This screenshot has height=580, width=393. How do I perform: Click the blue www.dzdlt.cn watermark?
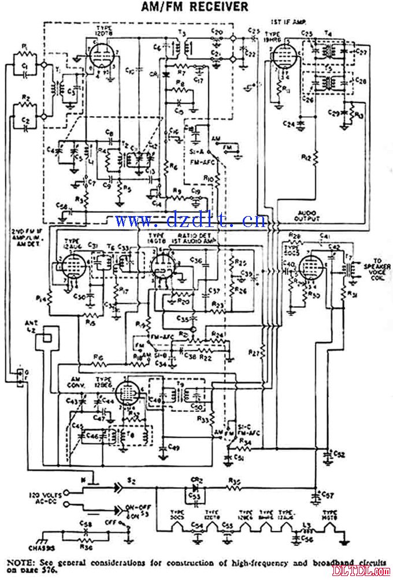tap(191, 220)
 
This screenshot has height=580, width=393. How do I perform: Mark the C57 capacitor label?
tap(328, 496)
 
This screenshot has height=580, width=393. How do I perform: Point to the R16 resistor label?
tap(97, 358)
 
